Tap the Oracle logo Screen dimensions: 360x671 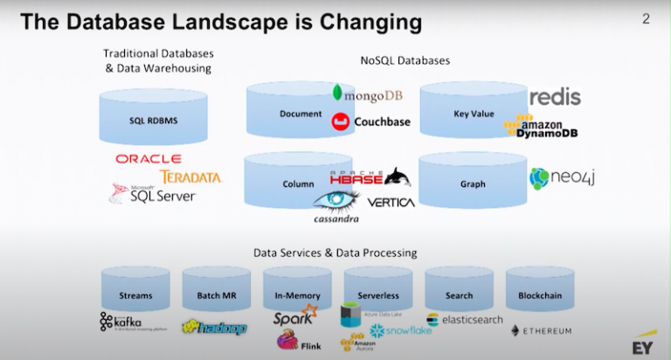point(148,158)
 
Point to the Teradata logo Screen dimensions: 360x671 point(191,177)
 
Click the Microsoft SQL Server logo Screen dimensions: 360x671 point(153,193)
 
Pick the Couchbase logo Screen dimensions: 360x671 point(370,122)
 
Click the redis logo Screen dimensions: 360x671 point(555,96)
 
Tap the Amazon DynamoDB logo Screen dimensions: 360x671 point(546,127)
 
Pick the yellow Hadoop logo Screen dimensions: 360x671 point(214,327)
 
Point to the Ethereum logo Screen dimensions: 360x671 point(541,331)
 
